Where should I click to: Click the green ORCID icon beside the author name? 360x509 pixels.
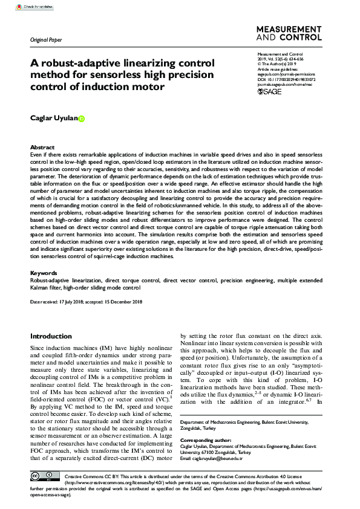point(82,118)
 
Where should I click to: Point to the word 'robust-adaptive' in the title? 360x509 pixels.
point(79,63)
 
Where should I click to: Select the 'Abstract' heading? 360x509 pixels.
point(42,148)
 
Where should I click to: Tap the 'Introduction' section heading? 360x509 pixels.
point(51,336)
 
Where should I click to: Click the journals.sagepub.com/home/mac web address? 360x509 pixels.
point(286,84)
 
